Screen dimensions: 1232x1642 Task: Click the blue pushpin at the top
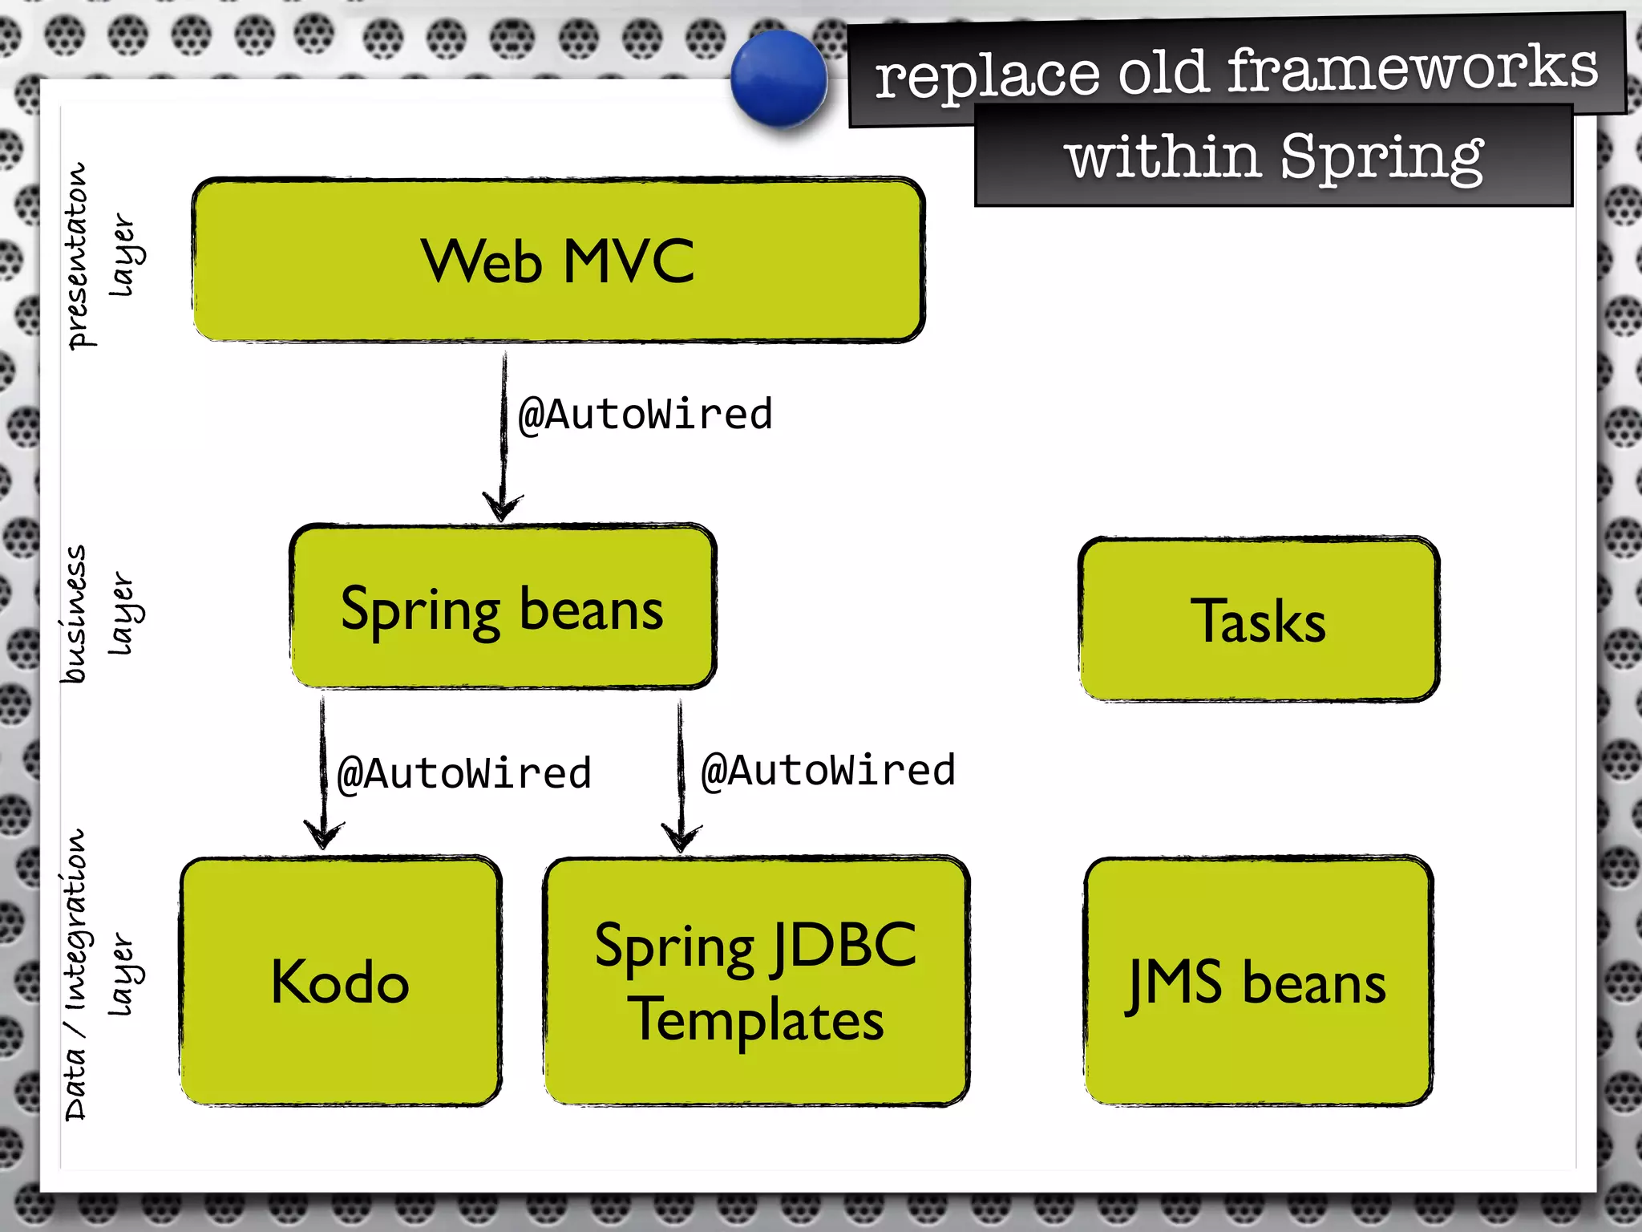coord(779,79)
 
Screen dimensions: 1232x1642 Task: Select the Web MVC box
coord(558,260)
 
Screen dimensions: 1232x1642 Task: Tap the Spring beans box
coord(503,607)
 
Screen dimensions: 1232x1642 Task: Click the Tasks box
coord(1259,619)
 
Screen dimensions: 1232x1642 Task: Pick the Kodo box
coord(341,981)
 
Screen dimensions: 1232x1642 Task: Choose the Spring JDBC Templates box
coord(756,981)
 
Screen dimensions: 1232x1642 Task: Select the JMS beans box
coord(1258,981)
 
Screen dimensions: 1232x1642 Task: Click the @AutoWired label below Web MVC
coord(645,415)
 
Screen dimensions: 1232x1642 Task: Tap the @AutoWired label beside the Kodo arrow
coord(464,774)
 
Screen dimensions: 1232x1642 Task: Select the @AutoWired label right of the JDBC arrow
coord(828,771)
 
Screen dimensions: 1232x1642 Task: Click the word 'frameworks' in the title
coord(1412,67)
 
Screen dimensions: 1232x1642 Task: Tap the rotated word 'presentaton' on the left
coord(78,256)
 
